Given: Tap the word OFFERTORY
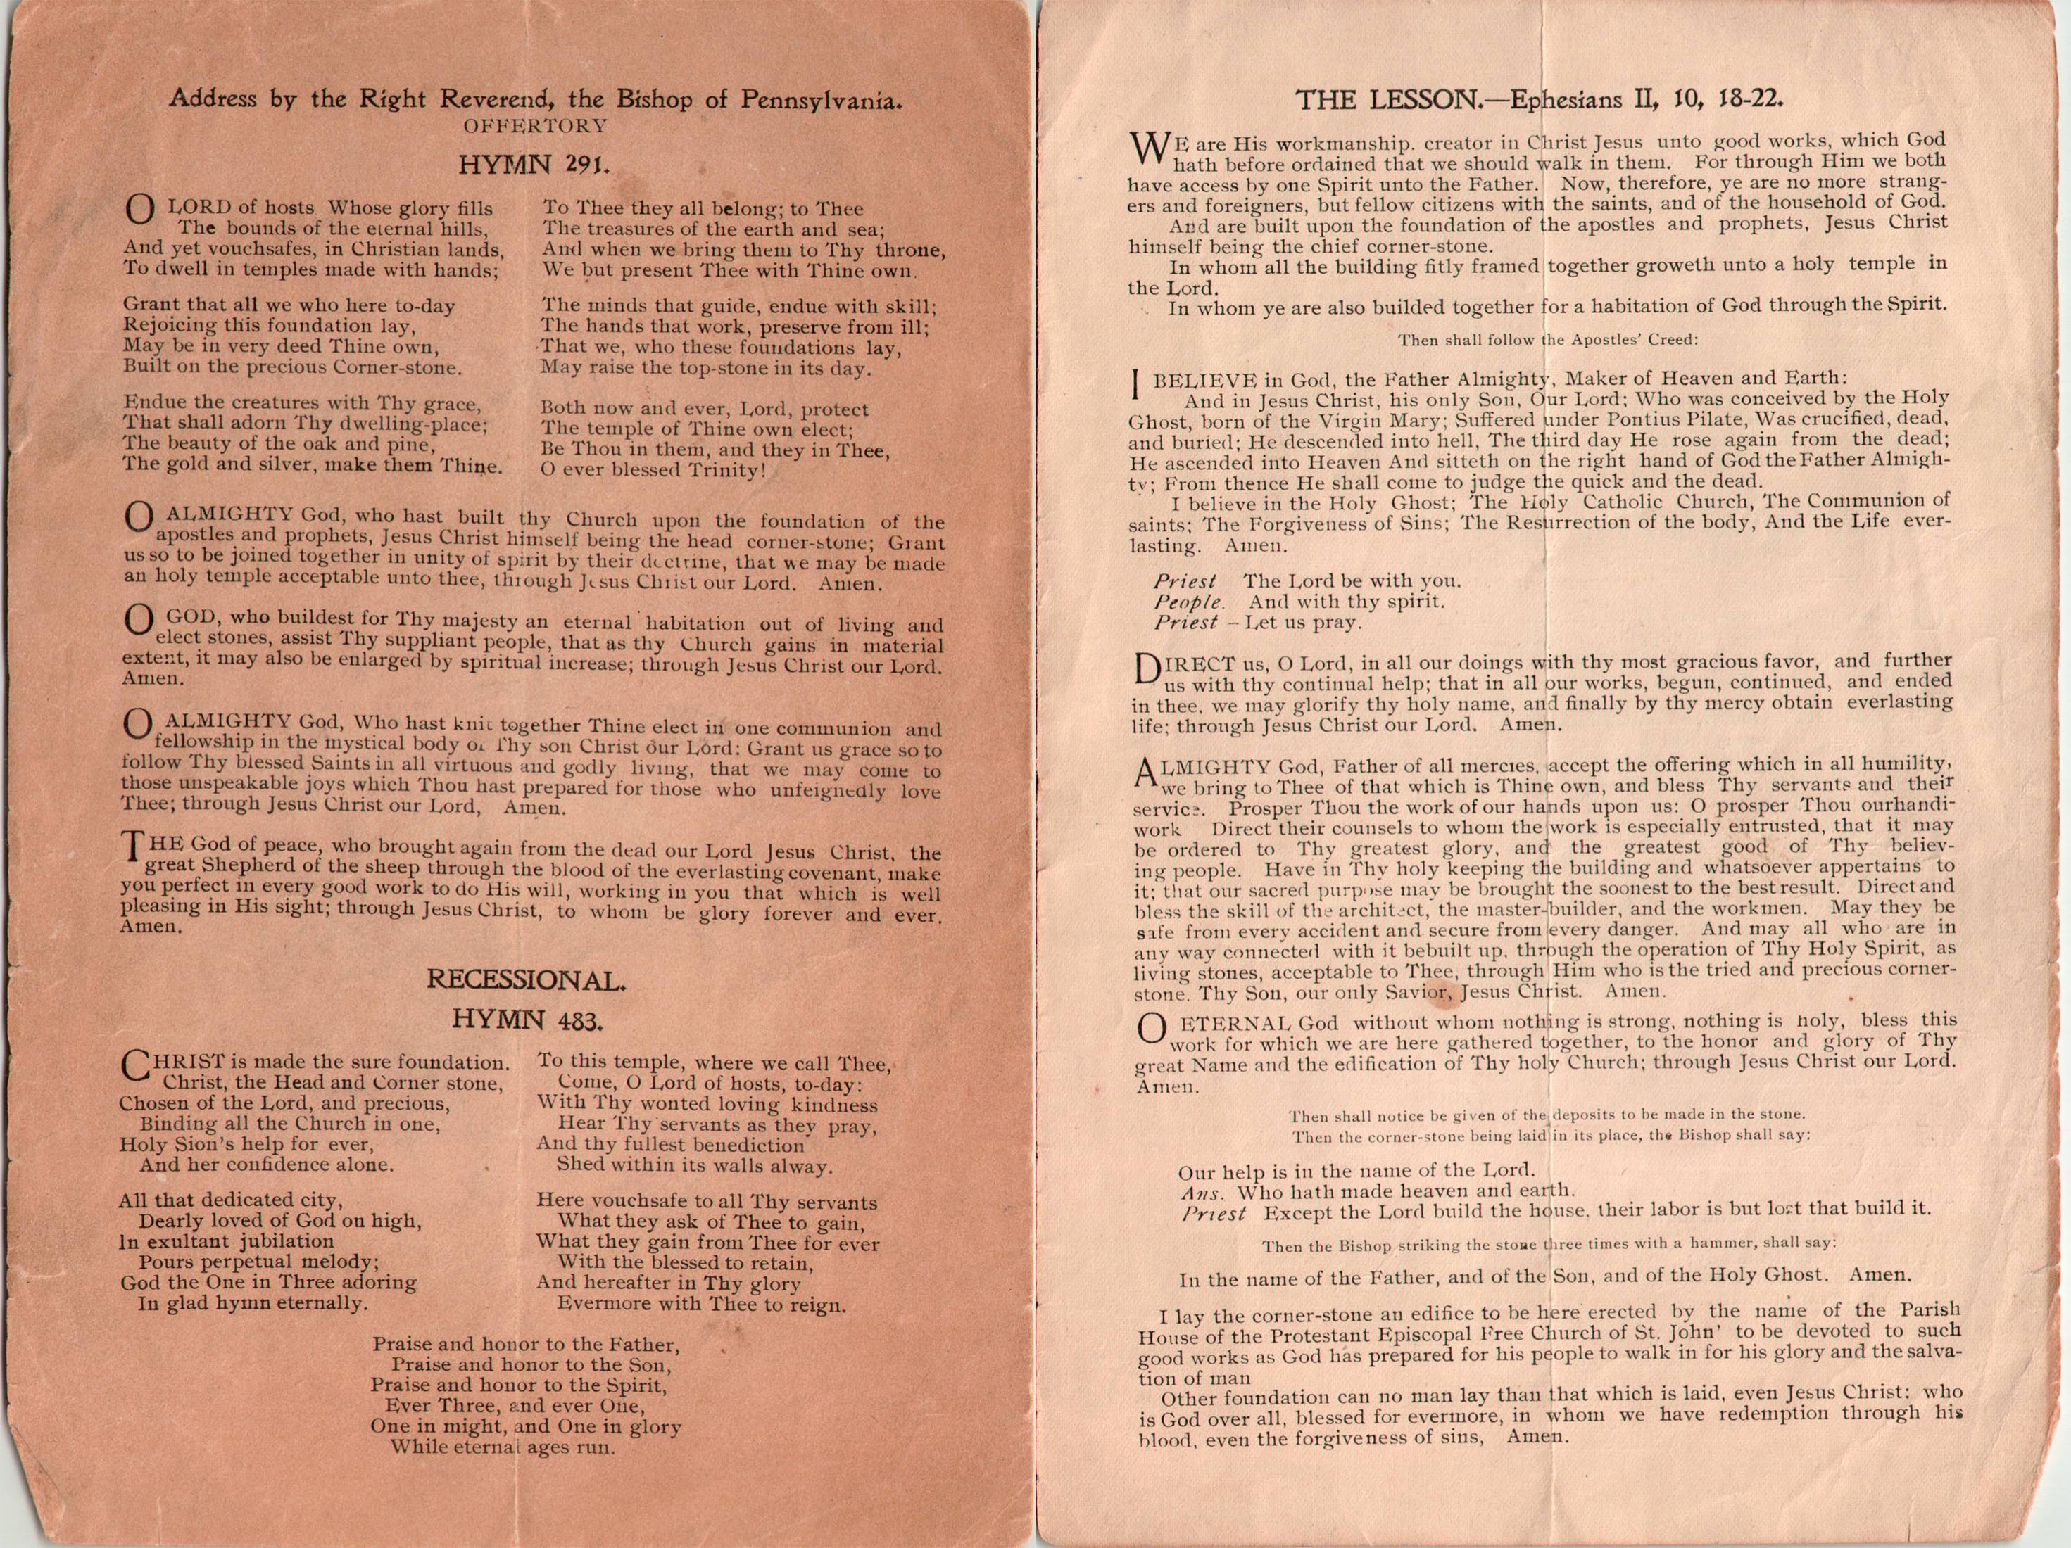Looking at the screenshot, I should pos(534,125).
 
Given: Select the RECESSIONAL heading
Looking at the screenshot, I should pos(525,981).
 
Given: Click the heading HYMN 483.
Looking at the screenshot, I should pos(525,1020).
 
